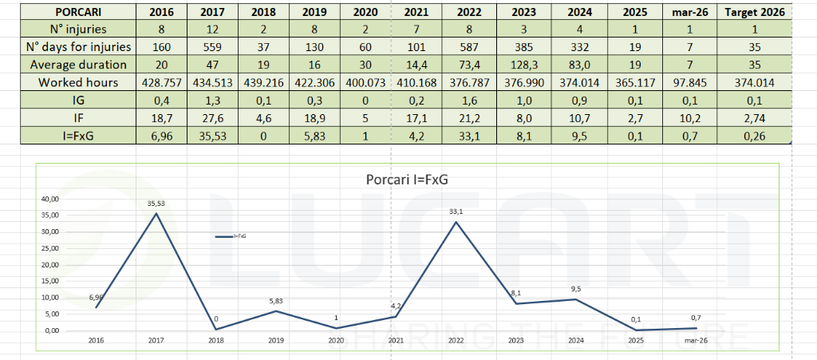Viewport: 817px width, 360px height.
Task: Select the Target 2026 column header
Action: point(754,12)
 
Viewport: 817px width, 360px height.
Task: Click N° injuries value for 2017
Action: point(213,30)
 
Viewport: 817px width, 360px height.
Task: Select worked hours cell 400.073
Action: point(365,82)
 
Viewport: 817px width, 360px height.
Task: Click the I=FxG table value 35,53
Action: point(213,135)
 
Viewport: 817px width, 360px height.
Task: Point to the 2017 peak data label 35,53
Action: point(156,204)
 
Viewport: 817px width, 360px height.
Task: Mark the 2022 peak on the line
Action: point(456,222)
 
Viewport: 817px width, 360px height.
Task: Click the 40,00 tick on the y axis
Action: point(49,199)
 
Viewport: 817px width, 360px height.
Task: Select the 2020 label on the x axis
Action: point(335,340)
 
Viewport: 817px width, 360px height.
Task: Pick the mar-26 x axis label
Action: point(695,340)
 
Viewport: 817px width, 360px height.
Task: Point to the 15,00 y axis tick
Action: point(49,281)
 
